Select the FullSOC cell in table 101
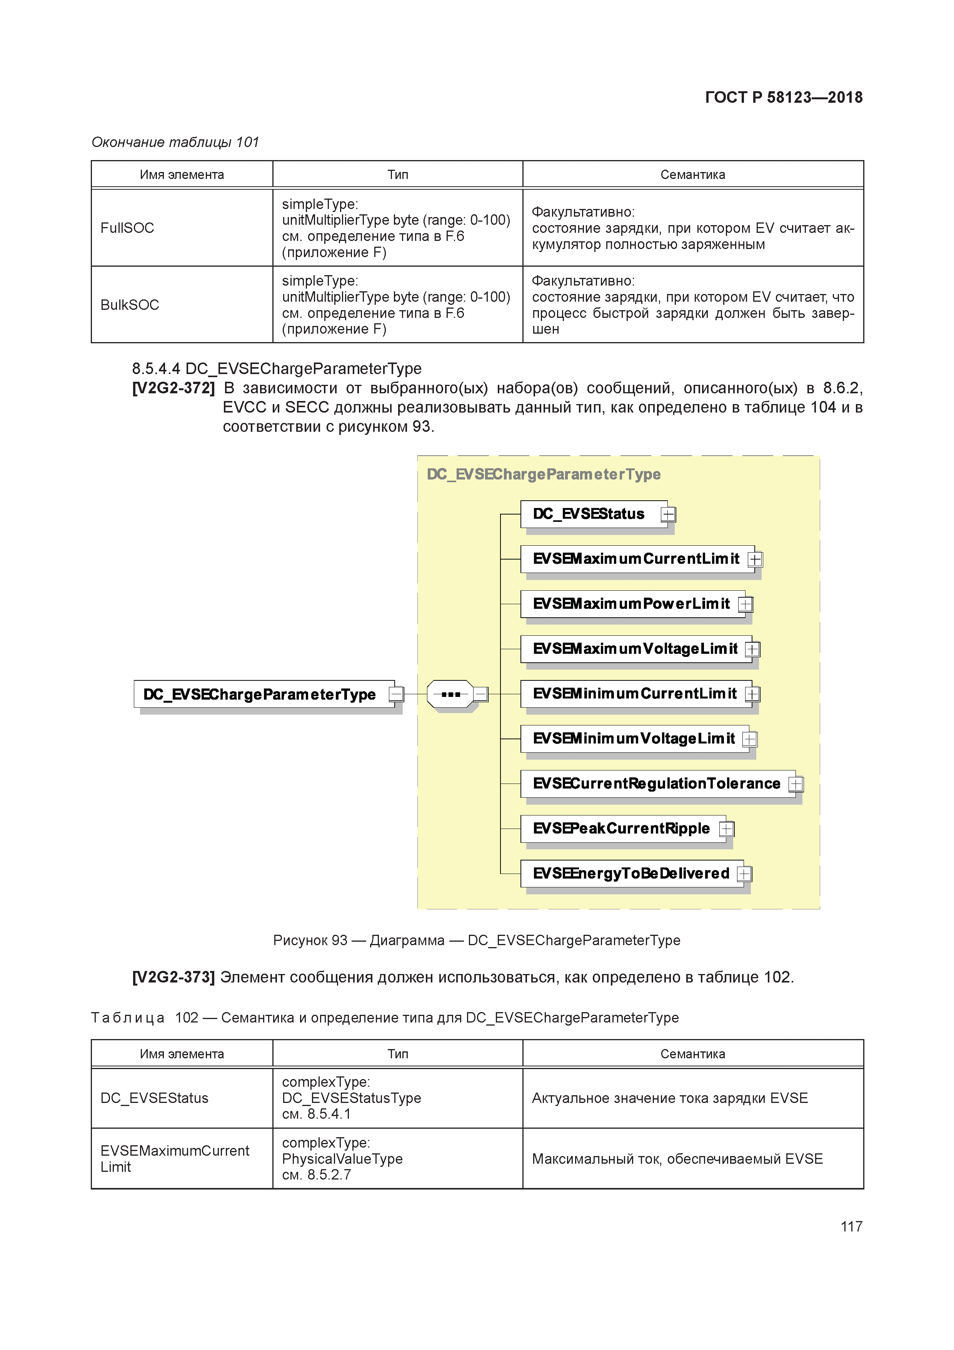(x=128, y=228)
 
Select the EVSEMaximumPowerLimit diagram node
(x=631, y=604)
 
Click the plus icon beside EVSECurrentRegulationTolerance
(x=796, y=784)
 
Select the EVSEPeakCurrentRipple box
(x=621, y=829)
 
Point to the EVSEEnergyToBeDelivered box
(x=631, y=874)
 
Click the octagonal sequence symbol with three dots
(x=450, y=694)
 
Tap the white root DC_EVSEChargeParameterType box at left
(x=260, y=694)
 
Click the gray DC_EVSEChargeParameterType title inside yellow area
(x=543, y=475)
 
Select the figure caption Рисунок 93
(x=476, y=940)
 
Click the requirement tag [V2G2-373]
(x=173, y=977)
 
